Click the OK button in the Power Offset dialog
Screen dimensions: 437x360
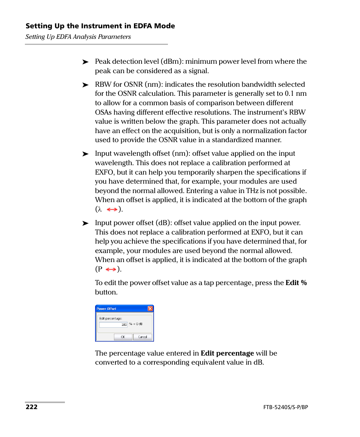(123, 337)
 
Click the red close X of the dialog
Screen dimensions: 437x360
(150, 308)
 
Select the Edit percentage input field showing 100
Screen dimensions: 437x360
(113, 325)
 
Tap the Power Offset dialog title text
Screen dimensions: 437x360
(106, 309)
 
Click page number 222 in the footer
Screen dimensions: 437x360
(32, 407)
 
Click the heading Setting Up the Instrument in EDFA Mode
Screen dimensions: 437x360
(100, 26)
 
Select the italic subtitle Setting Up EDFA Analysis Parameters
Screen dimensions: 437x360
(78, 37)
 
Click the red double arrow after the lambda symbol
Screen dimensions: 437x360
(112, 209)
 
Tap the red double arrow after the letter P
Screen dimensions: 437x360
(111, 269)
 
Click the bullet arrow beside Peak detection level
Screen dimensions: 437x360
(85, 62)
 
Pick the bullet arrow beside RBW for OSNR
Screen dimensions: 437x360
(85, 85)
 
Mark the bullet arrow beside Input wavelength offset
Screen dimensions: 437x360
(85, 154)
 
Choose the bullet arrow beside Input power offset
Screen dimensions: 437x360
(85, 223)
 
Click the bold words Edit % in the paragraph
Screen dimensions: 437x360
(296, 283)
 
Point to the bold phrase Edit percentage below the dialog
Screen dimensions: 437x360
(227, 353)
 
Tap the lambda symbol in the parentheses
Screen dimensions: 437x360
(100, 209)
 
